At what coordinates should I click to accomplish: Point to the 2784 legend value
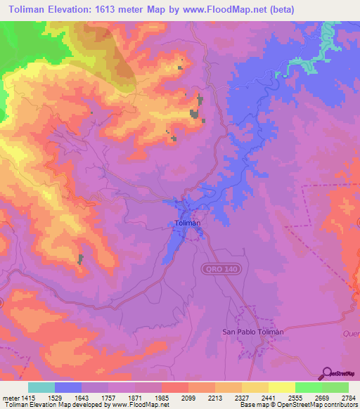pyautogui.click(x=349, y=397)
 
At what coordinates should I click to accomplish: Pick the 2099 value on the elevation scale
pyautogui.click(x=188, y=397)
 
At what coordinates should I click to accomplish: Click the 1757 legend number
pyautogui.click(x=108, y=397)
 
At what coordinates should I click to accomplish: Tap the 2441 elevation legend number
pyautogui.click(x=269, y=397)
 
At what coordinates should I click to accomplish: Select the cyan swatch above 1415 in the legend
pyautogui.click(x=41, y=387)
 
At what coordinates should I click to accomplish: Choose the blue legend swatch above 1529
pyautogui.click(x=68, y=387)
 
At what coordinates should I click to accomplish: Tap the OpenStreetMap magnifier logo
pyautogui.click(x=326, y=373)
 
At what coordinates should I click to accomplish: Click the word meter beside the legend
pyautogui.click(x=9, y=397)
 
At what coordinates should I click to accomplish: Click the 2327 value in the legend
pyautogui.click(x=242, y=397)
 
